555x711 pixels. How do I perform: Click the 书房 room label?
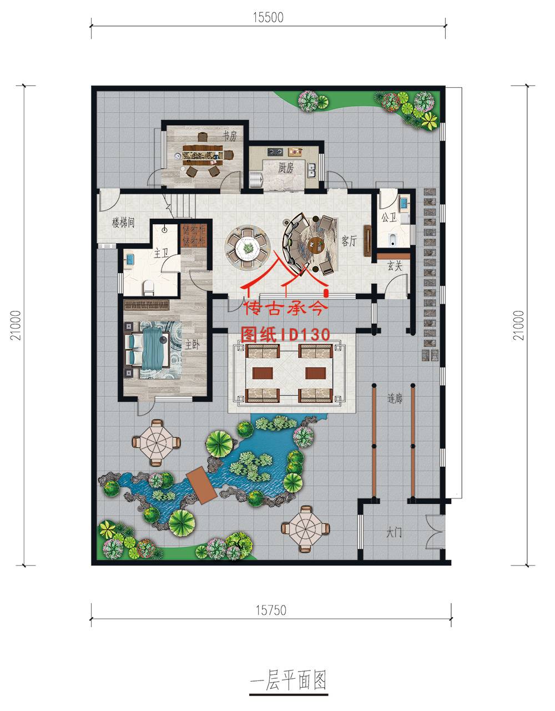(230, 136)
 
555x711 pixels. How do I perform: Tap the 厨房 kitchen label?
(285, 168)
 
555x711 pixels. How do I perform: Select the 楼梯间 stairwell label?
(123, 223)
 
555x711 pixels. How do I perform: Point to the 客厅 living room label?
(349, 241)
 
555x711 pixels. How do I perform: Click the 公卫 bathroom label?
(389, 217)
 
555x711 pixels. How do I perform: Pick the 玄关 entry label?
(395, 266)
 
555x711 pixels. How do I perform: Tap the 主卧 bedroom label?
(192, 344)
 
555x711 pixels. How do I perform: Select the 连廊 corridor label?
(395, 398)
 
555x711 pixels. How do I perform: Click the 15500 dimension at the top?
(268, 17)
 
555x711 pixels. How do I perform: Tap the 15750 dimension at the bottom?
(271, 610)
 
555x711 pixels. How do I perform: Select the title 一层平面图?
(289, 680)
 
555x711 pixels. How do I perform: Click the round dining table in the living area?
(248, 246)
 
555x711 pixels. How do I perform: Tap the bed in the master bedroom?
(147, 350)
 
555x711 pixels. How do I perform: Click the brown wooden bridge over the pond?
(201, 485)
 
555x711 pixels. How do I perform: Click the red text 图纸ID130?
(285, 334)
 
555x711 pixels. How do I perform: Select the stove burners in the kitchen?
(274, 152)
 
